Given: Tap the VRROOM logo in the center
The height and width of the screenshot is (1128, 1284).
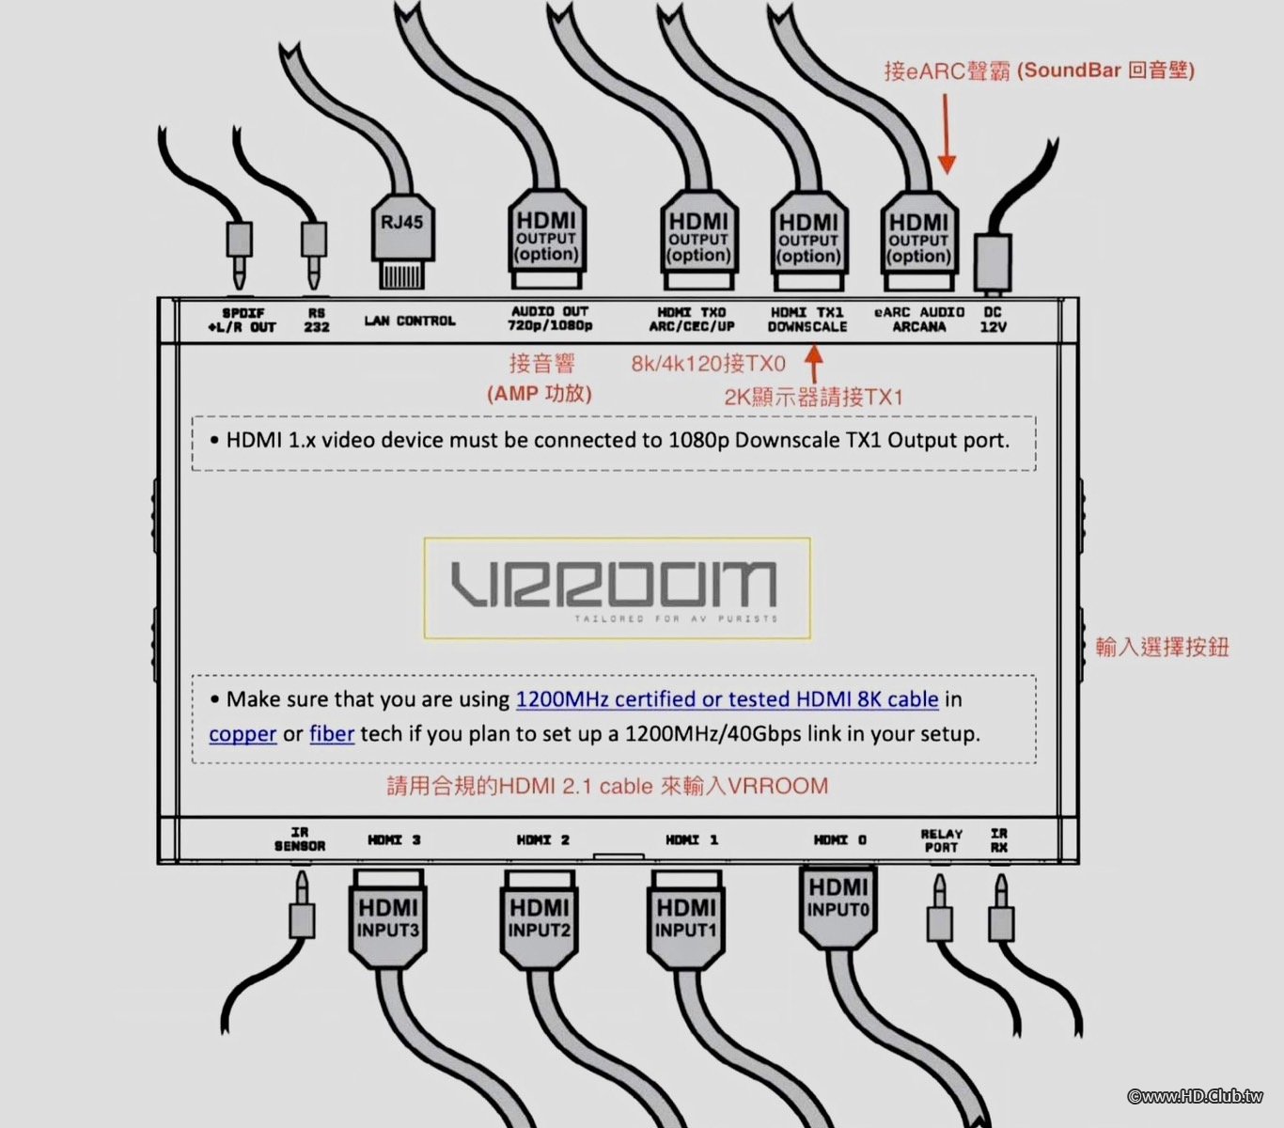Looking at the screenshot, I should tap(617, 588).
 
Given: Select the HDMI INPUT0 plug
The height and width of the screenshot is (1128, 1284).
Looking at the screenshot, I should tap(838, 902).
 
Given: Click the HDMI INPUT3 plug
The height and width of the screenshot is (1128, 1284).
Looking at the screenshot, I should tap(388, 921).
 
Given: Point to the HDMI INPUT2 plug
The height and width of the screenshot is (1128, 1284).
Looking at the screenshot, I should tap(540, 921).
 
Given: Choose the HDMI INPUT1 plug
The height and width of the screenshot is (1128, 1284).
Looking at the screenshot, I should tap(686, 921).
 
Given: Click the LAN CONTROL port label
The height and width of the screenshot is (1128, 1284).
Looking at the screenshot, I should tap(410, 321).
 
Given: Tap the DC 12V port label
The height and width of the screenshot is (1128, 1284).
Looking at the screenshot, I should tap(994, 320).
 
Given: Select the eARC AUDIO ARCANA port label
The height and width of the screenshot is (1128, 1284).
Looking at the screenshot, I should tap(919, 320).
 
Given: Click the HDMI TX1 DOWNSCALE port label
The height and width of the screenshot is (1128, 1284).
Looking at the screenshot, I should tap(807, 320).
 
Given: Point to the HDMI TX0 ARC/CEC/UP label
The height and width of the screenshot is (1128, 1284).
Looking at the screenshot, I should tap(692, 320).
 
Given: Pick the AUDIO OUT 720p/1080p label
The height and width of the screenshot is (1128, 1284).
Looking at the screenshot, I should tap(550, 319).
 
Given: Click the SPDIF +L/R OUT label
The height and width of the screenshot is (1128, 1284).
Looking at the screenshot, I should tap(243, 320).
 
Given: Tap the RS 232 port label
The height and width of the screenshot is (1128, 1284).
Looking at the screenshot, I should tap(317, 320).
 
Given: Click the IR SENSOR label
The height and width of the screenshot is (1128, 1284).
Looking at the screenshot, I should tap(300, 839).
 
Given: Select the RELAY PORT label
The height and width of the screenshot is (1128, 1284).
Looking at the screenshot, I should tap(941, 840).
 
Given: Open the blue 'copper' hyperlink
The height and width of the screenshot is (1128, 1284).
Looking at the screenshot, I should tap(243, 734).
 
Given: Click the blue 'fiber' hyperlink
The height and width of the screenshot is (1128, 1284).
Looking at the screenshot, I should tap(332, 734).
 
